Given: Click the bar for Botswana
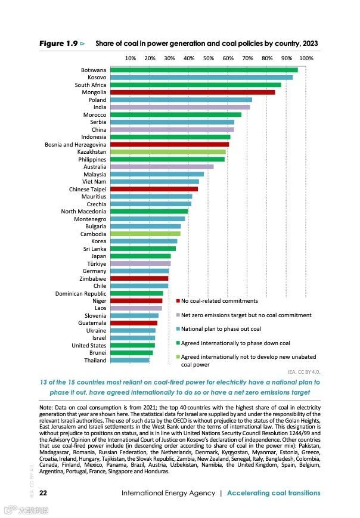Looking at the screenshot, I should click(203, 70).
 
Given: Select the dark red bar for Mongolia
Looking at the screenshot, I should click(191, 92).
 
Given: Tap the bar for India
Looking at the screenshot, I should click(179, 107).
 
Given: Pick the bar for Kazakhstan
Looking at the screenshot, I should click(167, 152).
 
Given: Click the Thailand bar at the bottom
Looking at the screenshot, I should click(129, 361).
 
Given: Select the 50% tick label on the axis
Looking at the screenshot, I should click(209, 58).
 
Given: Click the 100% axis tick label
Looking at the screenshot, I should click(306, 58).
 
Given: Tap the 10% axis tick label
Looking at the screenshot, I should click(131, 58).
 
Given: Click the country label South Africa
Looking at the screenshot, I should click(91, 85).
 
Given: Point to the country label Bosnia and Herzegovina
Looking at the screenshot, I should click(76, 145).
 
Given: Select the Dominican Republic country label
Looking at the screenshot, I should click(81, 293).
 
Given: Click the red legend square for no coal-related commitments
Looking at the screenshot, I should click(178, 302).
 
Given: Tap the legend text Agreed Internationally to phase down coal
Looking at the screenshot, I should click(235, 343).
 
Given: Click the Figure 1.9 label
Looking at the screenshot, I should click(58, 44).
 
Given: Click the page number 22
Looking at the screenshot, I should click(44, 493).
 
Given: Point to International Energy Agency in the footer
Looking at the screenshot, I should click(167, 493).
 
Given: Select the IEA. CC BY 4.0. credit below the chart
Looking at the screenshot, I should click(304, 371).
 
